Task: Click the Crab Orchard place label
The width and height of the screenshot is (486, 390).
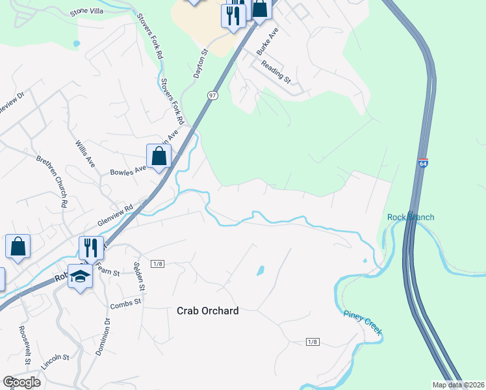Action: pos(207,311)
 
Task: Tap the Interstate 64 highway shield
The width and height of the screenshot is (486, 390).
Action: pos(423,163)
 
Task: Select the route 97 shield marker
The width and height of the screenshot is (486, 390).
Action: pos(212,96)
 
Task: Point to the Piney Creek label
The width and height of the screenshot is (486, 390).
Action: pos(362,324)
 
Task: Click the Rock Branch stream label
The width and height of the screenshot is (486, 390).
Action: pos(411,217)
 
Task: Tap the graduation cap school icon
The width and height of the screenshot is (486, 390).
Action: pos(80,276)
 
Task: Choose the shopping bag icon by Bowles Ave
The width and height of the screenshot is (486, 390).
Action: pos(159,156)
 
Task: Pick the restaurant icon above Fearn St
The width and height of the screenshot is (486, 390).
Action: pos(91,248)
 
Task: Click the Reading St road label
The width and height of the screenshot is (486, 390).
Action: pos(275,71)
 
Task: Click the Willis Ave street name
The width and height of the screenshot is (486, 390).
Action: pos(85,153)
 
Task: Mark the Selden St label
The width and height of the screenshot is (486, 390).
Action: pos(138,276)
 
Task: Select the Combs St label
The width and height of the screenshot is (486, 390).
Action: pos(125,304)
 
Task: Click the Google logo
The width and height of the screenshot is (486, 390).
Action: pos(21,382)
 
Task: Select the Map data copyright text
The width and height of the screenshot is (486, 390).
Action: pos(457,385)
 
